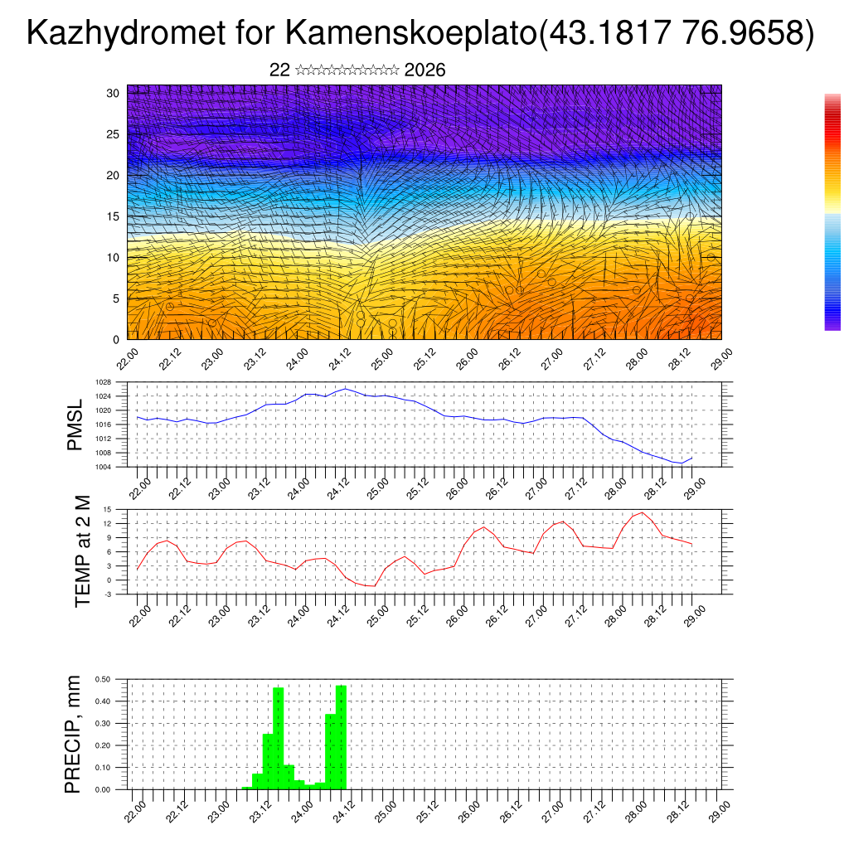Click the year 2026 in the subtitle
(x=424, y=70)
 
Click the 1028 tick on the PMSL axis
(x=103, y=382)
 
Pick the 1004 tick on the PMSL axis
(x=103, y=467)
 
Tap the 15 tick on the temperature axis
(x=107, y=509)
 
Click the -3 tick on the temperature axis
(x=107, y=594)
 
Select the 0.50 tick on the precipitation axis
(x=103, y=679)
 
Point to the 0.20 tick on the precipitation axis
(x=103, y=745)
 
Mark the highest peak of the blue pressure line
(x=345, y=388)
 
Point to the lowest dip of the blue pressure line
(x=681, y=463)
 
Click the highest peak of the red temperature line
(x=642, y=512)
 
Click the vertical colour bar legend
(x=832, y=212)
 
